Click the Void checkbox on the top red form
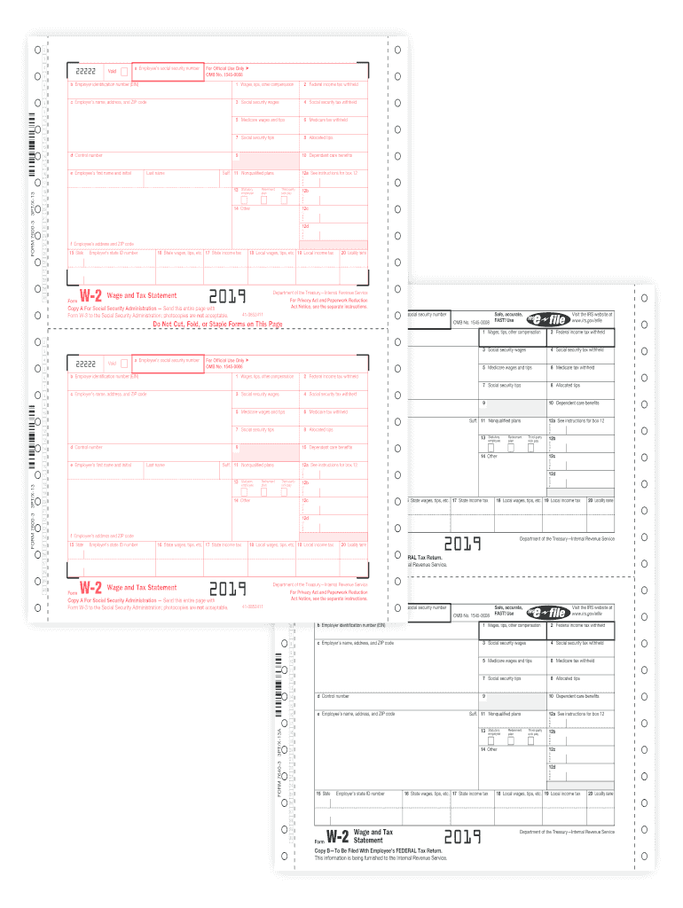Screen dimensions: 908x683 [x=123, y=71]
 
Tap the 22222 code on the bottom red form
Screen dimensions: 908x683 [x=86, y=364]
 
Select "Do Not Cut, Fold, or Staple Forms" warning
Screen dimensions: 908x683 [x=218, y=325]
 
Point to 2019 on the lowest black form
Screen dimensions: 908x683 [x=462, y=836]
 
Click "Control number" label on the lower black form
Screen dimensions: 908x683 [x=330, y=696]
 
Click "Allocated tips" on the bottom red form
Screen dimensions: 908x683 [x=320, y=429]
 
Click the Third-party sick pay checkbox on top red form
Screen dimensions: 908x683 [x=285, y=199]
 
